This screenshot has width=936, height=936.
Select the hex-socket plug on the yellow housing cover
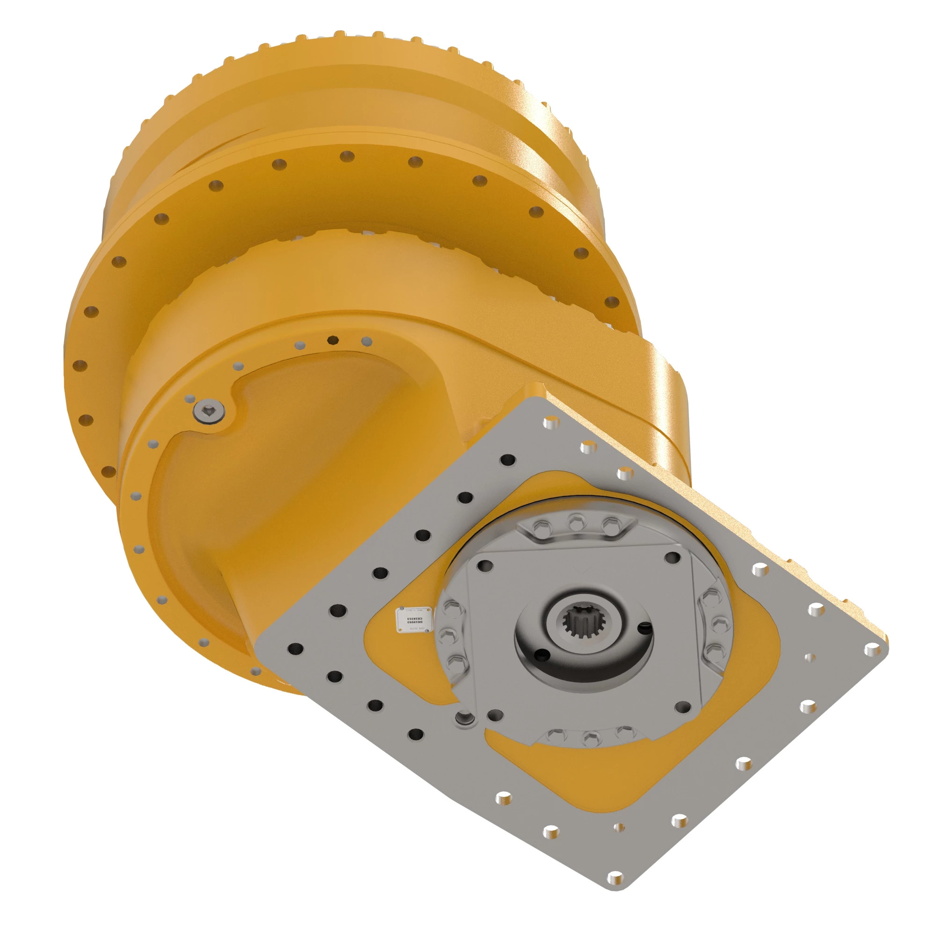(208, 412)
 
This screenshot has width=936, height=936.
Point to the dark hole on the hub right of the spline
(643, 628)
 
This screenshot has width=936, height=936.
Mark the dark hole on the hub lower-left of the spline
(538, 656)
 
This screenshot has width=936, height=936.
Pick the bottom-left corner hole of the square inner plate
(495, 714)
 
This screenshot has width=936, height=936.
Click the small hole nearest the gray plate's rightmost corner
(809, 658)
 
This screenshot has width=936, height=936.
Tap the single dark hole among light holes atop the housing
(332, 339)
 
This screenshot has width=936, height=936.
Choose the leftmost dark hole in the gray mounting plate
(295, 649)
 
